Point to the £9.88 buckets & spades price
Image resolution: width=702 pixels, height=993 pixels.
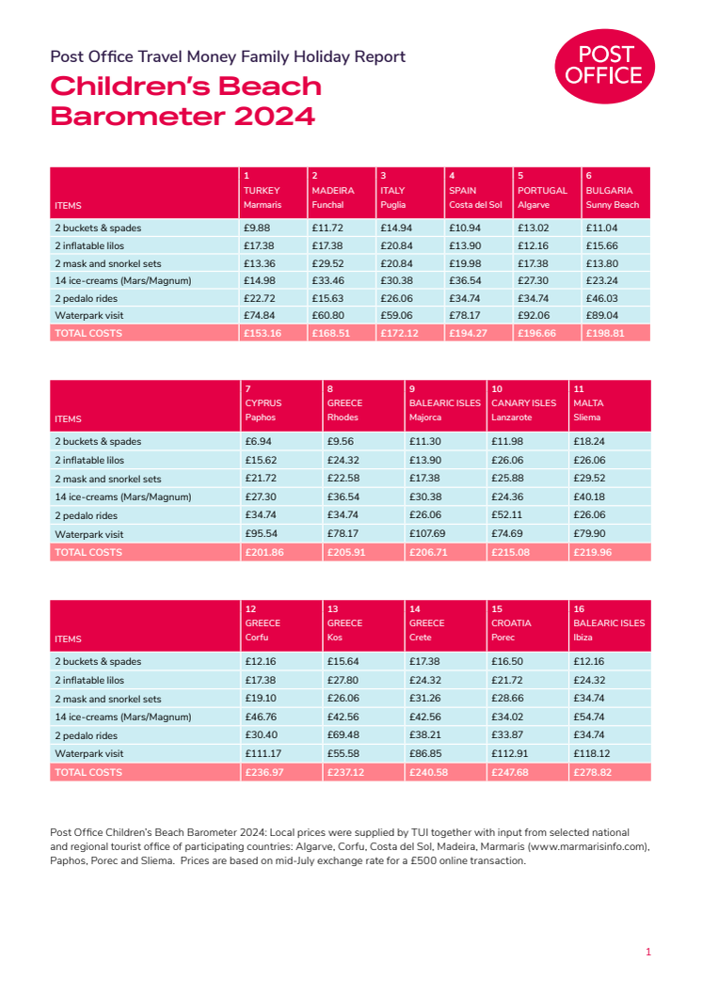point(256,228)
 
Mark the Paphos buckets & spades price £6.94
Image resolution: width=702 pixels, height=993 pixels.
point(258,441)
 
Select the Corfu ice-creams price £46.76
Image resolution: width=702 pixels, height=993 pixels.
point(260,717)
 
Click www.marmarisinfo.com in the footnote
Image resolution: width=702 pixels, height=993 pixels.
point(588,846)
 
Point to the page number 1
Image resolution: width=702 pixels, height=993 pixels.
point(648,953)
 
